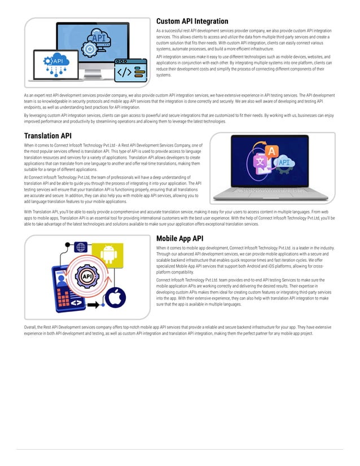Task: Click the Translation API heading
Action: click(x=47, y=135)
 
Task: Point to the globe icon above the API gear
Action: click(x=81, y=247)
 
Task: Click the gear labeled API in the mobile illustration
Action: click(x=87, y=276)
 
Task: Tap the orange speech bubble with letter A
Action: click(x=271, y=151)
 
